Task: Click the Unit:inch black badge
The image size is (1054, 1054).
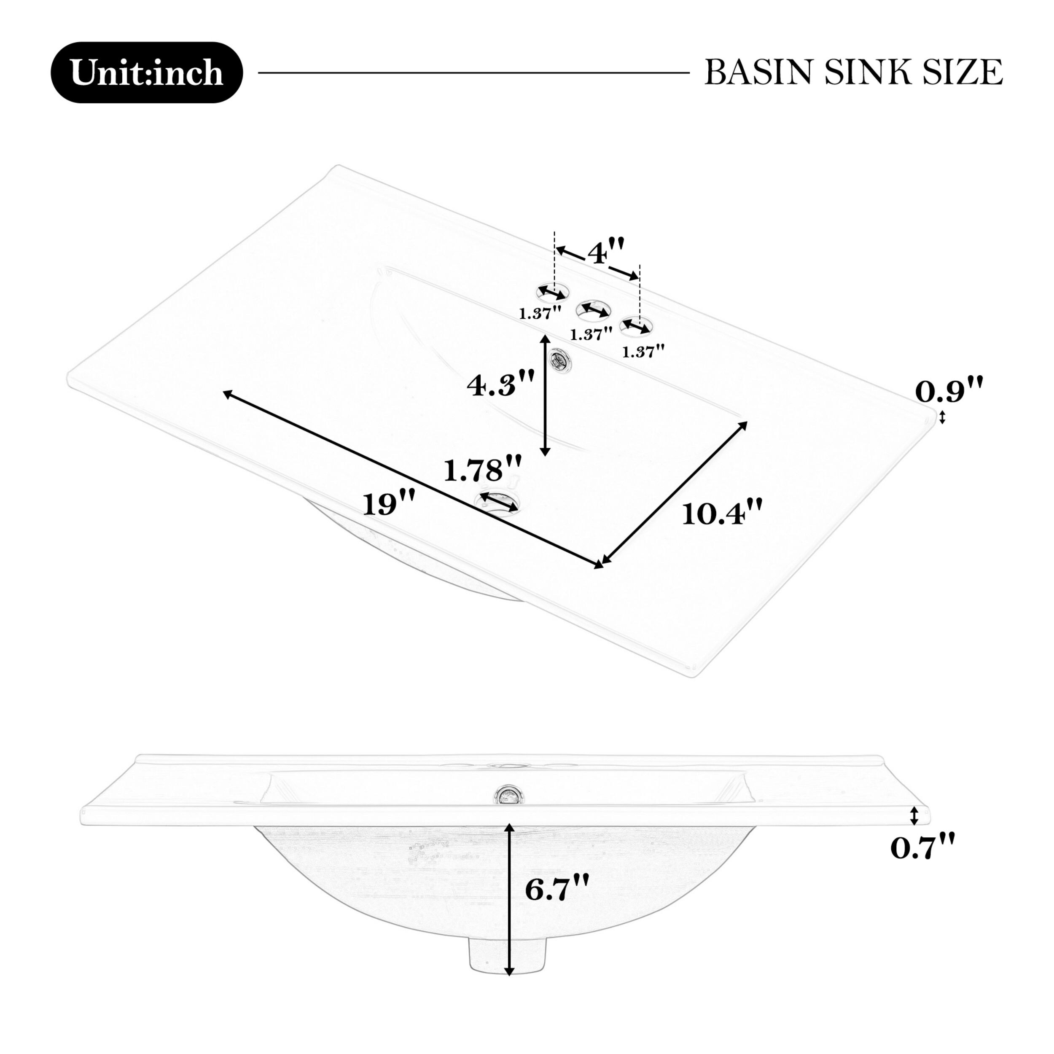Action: click(x=146, y=73)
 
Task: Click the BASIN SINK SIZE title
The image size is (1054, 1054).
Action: click(x=853, y=73)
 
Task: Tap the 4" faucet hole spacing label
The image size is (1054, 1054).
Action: click(x=605, y=252)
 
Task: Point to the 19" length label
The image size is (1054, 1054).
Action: click(x=389, y=503)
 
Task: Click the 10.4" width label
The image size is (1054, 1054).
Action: click(x=721, y=513)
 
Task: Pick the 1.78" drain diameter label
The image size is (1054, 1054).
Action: click(x=482, y=470)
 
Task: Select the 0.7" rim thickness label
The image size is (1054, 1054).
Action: click(x=922, y=863)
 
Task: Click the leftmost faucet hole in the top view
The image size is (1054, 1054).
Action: click(x=552, y=293)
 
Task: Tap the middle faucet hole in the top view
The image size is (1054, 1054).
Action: click(x=593, y=309)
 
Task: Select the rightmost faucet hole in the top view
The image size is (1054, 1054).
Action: click(x=636, y=326)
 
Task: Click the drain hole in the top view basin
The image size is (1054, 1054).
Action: click(x=498, y=501)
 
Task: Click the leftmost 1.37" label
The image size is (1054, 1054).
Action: click(x=540, y=313)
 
